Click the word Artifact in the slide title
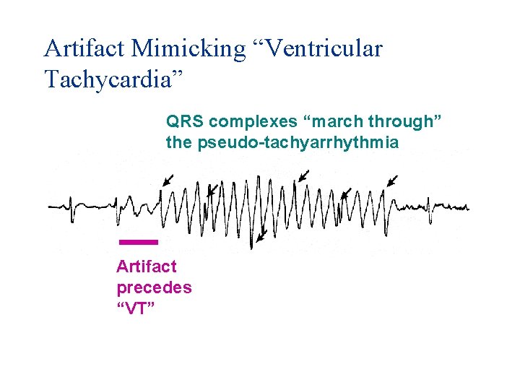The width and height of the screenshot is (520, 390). [x=84, y=48]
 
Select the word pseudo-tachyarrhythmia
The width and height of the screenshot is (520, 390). [x=297, y=142]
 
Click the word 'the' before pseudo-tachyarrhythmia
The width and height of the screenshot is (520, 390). [x=179, y=142]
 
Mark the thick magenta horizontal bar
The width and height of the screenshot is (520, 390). [x=138, y=240]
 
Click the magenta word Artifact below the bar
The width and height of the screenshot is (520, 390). [x=147, y=267]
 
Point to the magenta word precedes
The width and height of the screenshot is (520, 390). [x=154, y=287]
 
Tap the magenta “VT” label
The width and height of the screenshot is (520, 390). [x=136, y=308]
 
